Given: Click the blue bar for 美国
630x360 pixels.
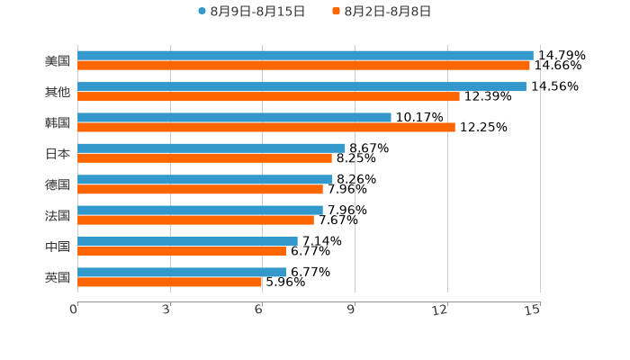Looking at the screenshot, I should click(x=305, y=55).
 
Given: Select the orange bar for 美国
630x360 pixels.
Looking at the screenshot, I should click(x=303, y=65).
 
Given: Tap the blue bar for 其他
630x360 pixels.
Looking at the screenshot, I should click(x=301, y=86).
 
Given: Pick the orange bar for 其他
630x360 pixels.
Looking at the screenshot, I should click(x=268, y=96).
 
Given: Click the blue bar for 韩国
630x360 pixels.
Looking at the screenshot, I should click(x=234, y=117).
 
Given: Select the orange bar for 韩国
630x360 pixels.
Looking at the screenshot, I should click(x=266, y=127).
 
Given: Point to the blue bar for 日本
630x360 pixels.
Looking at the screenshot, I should click(x=211, y=148).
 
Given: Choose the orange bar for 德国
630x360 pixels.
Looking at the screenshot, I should click(x=200, y=189).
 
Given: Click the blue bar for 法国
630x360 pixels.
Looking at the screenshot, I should click(x=200, y=210).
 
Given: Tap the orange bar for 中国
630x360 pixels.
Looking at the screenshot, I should click(x=182, y=251).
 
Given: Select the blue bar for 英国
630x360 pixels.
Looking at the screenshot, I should click(x=182, y=272).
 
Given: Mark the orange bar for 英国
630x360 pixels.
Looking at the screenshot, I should click(x=170, y=282).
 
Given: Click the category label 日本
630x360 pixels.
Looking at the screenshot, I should click(x=57, y=153).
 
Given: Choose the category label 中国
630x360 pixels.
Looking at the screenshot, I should click(x=57, y=247).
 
